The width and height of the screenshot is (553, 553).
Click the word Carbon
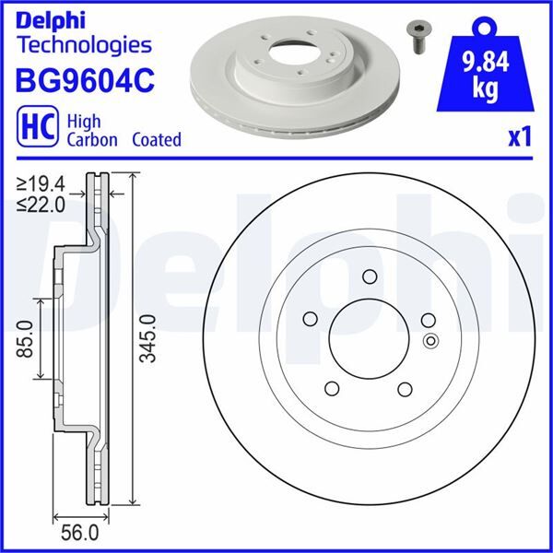click(92, 140)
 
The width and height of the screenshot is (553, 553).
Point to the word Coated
click(156, 140)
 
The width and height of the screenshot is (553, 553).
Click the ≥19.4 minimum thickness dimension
click(41, 184)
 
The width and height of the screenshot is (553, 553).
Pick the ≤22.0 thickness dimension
click(41, 204)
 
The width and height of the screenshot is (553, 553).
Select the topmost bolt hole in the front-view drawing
click(370, 276)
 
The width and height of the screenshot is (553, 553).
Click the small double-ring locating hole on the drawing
click(429, 343)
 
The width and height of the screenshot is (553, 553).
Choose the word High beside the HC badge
click(84, 121)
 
